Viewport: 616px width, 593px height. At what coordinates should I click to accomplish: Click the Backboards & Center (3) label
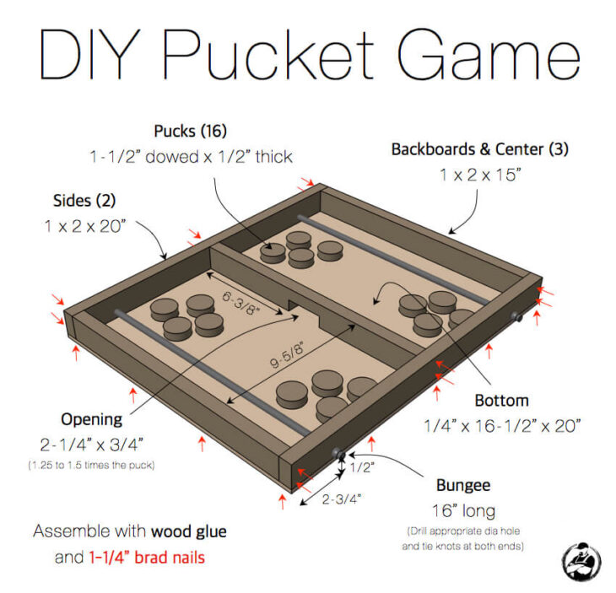[479, 149]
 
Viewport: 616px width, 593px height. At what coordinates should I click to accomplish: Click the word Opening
[91, 419]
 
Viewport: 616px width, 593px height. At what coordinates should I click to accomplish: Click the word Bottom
[501, 401]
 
